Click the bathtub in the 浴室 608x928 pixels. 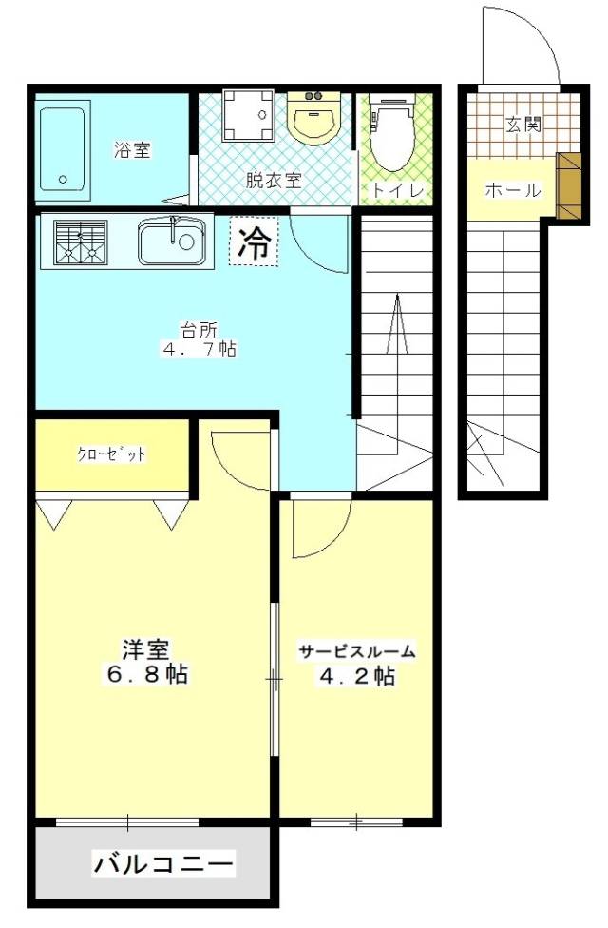(x=65, y=148)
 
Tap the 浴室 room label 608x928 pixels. (x=133, y=150)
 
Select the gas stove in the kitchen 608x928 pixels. (x=80, y=242)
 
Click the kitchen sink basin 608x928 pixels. (x=172, y=242)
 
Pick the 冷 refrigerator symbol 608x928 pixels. (x=253, y=243)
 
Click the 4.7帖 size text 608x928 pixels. (x=199, y=349)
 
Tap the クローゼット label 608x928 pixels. (x=112, y=454)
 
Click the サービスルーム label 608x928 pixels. (x=357, y=651)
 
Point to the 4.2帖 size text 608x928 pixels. (x=357, y=677)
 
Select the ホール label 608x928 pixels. (x=513, y=190)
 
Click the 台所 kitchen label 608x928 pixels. (x=199, y=330)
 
